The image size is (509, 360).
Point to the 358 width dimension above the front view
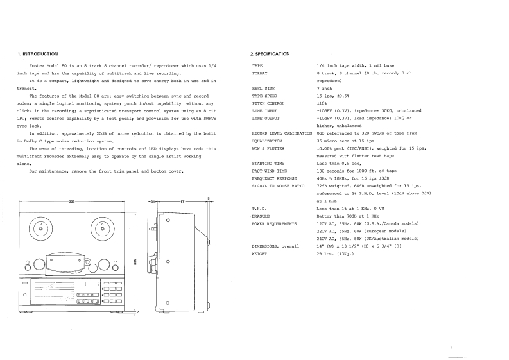(72, 202)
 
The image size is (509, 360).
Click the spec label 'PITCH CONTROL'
(268, 103)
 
